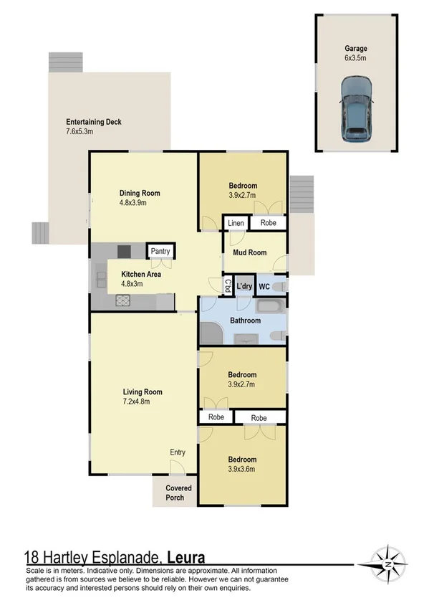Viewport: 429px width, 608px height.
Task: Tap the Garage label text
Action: point(355,49)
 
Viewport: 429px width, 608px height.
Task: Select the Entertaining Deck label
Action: point(93,122)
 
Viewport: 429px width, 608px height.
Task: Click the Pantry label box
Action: point(158,252)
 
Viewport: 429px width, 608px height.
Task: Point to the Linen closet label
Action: point(236,224)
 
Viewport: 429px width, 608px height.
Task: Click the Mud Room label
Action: point(249,252)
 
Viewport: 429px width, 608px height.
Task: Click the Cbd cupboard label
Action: point(228,286)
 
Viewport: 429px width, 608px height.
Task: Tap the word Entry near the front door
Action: point(178,452)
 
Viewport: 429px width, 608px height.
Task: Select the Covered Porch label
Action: point(175,493)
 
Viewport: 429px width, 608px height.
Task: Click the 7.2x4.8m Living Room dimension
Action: point(143,402)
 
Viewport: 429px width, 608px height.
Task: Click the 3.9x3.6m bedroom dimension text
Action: point(241,470)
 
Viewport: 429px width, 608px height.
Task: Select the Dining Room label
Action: point(139,193)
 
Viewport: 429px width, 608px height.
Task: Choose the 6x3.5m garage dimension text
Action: point(355,60)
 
